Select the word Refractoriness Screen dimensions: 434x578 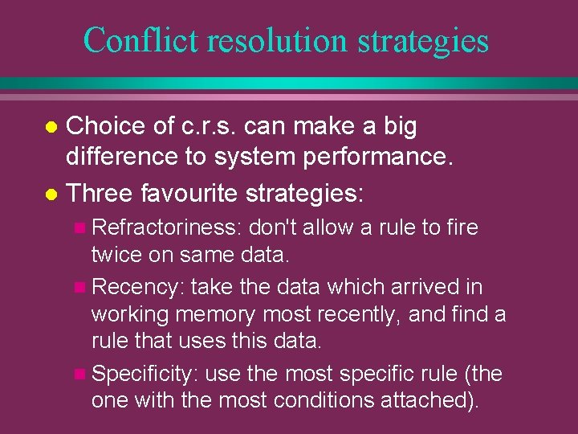165,228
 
